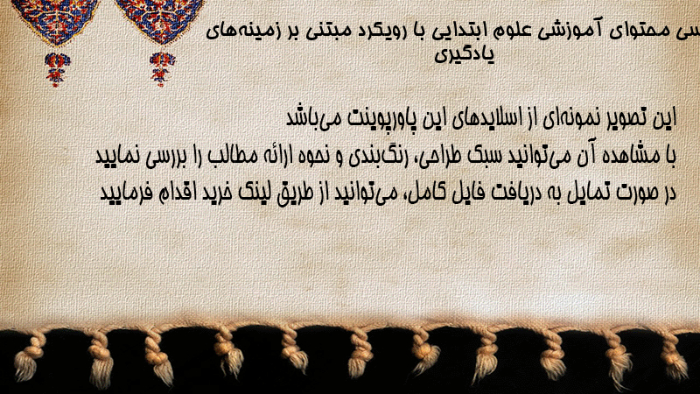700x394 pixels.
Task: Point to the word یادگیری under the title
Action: point(465,54)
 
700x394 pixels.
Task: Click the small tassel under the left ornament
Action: point(57,69)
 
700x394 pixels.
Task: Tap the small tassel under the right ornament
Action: point(162,69)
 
